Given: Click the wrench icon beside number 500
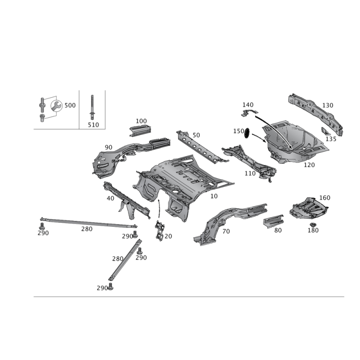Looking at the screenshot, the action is pyautogui.click(x=56, y=106).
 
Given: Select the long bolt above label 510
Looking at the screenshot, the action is pyautogui.click(x=92, y=107).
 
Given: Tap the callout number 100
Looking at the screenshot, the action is pyautogui.click(x=141, y=121).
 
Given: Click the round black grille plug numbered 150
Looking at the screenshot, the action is pyautogui.click(x=247, y=133).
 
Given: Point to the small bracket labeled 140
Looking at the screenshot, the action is pyautogui.click(x=249, y=113).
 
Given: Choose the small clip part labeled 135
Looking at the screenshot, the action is pyautogui.click(x=325, y=131).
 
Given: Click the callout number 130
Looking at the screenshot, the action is pyautogui.click(x=328, y=105).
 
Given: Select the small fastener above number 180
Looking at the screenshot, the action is pyautogui.click(x=312, y=225).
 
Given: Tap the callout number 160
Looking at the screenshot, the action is pyautogui.click(x=324, y=198).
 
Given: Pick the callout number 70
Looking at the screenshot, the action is pyautogui.click(x=226, y=231).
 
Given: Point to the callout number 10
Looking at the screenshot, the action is pyautogui.click(x=214, y=196).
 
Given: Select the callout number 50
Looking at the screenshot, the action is pyautogui.click(x=196, y=135).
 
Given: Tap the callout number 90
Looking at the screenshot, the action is pyautogui.click(x=108, y=148).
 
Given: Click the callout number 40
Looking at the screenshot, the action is pyautogui.click(x=110, y=198).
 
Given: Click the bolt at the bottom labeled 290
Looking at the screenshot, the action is pyautogui.click(x=111, y=287).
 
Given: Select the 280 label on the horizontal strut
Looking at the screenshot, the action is pyautogui.click(x=87, y=229).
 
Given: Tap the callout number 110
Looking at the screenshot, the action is pyautogui.click(x=250, y=173).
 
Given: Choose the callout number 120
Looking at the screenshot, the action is pyautogui.click(x=309, y=165).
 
